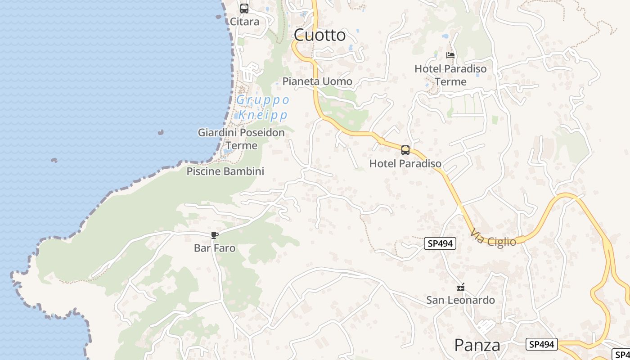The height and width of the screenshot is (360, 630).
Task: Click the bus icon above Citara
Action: (244, 9)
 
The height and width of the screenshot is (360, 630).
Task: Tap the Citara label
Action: (244, 22)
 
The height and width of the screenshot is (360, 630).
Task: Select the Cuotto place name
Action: (320, 35)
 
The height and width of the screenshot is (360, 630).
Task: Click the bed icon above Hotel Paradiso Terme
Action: (450, 55)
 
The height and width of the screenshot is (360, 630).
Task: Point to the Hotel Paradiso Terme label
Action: (450, 75)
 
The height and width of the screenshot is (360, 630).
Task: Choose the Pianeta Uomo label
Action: (317, 81)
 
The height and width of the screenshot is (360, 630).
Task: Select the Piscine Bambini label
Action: (225, 171)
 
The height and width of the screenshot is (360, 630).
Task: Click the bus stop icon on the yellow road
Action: (405, 150)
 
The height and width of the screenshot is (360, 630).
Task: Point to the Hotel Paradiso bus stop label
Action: (405, 163)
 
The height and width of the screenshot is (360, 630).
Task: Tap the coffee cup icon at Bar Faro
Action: (215, 235)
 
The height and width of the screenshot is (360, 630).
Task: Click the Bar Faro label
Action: (215, 248)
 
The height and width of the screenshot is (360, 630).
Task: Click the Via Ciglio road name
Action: (494, 238)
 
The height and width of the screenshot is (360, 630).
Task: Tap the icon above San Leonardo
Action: (460, 287)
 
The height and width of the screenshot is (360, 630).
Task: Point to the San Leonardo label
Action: (460, 300)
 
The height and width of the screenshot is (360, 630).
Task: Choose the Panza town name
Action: (477, 345)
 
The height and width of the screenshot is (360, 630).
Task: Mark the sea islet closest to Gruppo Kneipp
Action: (161, 132)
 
